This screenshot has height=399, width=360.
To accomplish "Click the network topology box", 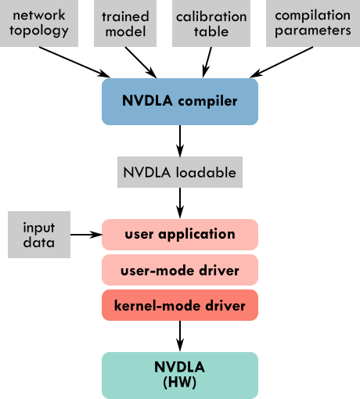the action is point(39,23).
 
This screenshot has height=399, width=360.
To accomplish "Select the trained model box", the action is point(125,23).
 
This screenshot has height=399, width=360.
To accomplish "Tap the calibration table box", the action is point(211,23).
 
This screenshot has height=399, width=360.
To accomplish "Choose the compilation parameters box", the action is point(313,23).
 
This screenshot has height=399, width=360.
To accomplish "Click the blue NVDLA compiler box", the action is point(180,102).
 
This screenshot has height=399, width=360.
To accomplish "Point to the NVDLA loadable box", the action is point(180,172).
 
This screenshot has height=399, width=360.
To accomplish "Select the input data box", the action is point(39,235).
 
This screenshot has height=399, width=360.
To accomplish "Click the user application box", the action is point(180,235).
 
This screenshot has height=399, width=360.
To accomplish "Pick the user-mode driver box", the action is point(180,270).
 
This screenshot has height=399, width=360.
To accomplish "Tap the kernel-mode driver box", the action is point(180,305).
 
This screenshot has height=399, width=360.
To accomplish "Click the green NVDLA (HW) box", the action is point(180,376).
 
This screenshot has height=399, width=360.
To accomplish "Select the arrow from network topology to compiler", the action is point(74,62).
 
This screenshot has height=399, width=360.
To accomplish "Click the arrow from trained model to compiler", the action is point(141,63).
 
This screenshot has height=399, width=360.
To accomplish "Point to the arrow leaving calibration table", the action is point(207,63).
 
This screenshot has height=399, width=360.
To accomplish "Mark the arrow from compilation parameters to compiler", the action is point(281,62).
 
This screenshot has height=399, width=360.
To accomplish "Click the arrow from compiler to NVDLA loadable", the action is point(180,141).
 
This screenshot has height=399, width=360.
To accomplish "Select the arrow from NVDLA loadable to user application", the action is point(180,203).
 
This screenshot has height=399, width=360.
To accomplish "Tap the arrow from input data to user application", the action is point(86,235).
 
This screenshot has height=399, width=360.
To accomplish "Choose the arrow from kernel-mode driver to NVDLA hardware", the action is point(180,336).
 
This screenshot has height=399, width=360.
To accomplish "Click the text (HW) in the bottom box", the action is point(180,383).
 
